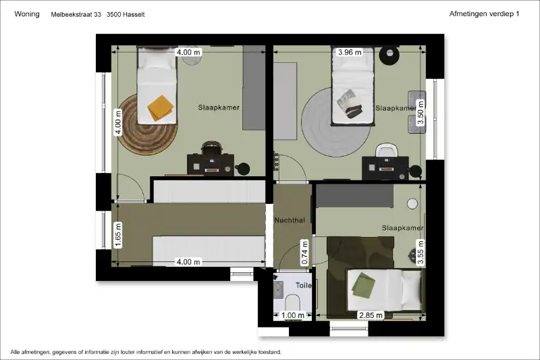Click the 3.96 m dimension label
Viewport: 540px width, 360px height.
[350, 53]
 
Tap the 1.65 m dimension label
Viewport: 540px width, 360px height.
[118, 235]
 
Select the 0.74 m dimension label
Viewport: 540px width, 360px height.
[304, 252]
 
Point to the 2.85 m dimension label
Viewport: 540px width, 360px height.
[371, 315]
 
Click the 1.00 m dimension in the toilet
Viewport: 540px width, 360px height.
[293, 315]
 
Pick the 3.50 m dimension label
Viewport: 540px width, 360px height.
[421, 112]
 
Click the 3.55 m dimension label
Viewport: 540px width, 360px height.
[421, 252]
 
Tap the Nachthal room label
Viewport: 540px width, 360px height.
[290, 220]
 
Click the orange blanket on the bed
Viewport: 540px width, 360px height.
[160, 108]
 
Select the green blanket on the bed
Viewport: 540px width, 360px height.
[363, 284]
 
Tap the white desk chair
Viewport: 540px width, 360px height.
[387, 151]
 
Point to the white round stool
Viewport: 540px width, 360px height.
[412, 203]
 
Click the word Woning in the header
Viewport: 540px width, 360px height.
[27, 14]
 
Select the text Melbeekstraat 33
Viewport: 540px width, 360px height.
[76, 14]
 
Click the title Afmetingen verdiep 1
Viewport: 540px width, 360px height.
[484, 14]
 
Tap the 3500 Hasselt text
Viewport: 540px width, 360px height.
[126, 14]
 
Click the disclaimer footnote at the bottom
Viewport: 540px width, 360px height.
[146, 352]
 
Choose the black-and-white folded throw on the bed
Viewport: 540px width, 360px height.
[350, 104]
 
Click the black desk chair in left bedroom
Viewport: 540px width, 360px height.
[212, 149]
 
